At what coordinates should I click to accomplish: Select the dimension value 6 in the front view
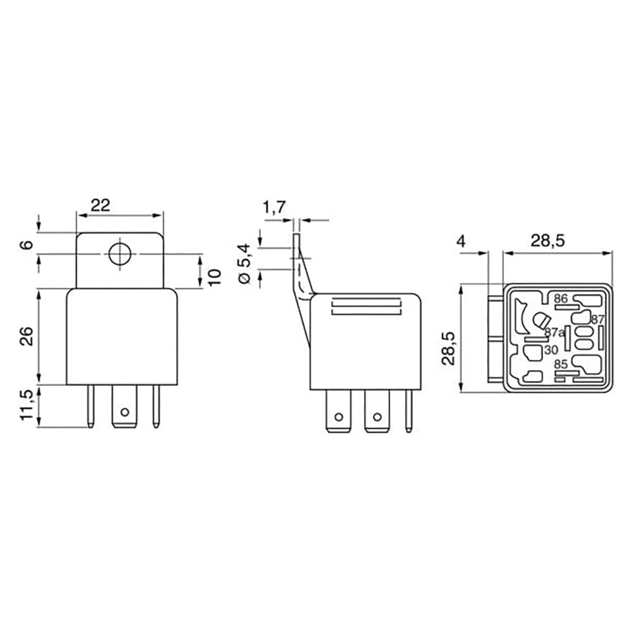42,244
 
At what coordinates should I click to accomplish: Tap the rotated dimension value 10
215,277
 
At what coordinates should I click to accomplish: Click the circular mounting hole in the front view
119,254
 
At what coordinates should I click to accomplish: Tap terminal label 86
561,298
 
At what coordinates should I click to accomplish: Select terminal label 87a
554,332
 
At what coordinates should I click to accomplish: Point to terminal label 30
550,349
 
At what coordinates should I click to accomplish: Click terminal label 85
560,365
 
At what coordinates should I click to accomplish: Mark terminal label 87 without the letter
598,320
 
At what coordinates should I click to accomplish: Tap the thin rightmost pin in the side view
409,410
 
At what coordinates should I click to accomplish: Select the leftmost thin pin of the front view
91,406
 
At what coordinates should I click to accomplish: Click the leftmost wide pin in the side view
339,411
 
